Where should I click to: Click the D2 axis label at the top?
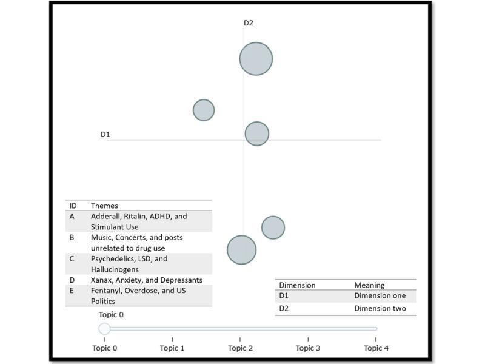click(x=249, y=23)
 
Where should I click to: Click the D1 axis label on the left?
click(x=105, y=134)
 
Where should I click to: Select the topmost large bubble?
click(x=256, y=59)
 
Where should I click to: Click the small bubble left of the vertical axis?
click(x=204, y=110)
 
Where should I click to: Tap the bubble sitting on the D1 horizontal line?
click(x=256, y=133)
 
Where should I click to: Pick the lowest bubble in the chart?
click(x=242, y=249)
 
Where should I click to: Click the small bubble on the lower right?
click(x=273, y=227)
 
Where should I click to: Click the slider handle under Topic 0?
click(x=104, y=329)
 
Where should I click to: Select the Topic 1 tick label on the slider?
click(x=172, y=348)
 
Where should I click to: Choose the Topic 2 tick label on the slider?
click(x=240, y=348)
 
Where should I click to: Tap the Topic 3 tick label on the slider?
click(x=308, y=348)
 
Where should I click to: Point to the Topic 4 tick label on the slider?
click(x=376, y=348)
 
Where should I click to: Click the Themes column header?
click(x=104, y=206)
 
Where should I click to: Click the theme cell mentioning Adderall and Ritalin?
click(x=139, y=221)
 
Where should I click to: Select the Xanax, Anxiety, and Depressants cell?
click(x=146, y=280)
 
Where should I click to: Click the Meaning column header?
click(x=369, y=285)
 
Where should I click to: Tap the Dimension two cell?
click(x=380, y=309)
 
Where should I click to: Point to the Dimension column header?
click(x=297, y=285)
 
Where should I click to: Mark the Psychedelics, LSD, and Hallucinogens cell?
click(x=129, y=264)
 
